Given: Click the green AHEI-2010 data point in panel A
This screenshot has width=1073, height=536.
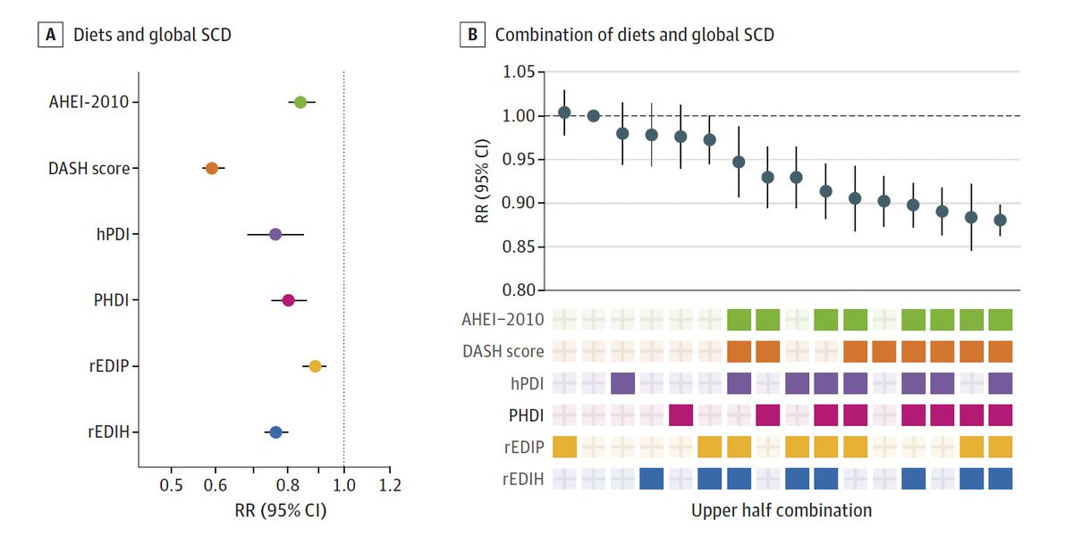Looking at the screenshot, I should pyautogui.click(x=300, y=102).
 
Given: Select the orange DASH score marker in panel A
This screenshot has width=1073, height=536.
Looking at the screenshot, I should pyautogui.click(x=212, y=168).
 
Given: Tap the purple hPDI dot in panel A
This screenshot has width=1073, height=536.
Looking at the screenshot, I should pyautogui.click(x=275, y=234).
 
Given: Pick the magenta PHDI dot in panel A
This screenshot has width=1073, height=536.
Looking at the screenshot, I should pyautogui.click(x=288, y=300).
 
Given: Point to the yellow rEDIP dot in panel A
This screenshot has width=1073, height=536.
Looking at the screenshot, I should pyautogui.click(x=315, y=366).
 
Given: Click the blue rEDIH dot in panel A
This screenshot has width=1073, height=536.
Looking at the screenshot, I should pyautogui.click(x=276, y=432).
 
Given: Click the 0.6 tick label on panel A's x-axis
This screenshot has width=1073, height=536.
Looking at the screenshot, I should pyautogui.click(x=215, y=486).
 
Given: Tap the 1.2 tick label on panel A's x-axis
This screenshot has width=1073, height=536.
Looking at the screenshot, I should pyautogui.click(x=390, y=486).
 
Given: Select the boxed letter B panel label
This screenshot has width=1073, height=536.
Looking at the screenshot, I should pyautogui.click(x=470, y=37).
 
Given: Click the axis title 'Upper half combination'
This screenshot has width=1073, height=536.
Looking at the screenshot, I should pyautogui.click(x=781, y=511).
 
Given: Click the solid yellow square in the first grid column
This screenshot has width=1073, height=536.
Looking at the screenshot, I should pyautogui.click(x=565, y=447).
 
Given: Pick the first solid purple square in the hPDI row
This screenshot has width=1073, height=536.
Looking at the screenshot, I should pyautogui.click(x=622, y=383).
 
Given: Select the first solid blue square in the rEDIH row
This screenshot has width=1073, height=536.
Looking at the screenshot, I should pyautogui.click(x=652, y=479).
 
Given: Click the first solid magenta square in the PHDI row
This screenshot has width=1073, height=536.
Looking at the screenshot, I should pyautogui.click(x=681, y=415).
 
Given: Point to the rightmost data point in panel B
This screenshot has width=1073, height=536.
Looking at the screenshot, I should pyautogui.click(x=1000, y=220).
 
